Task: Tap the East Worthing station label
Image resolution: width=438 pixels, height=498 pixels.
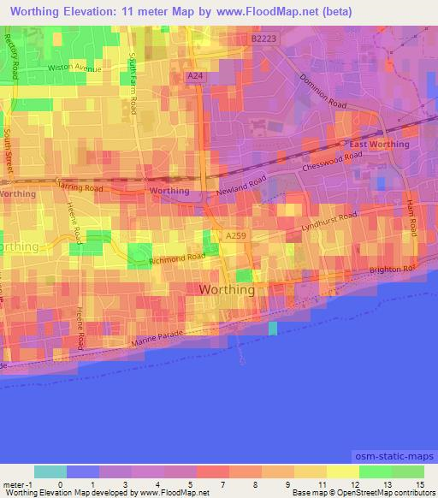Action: tap(379, 144)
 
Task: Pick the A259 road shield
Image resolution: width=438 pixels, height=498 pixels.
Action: tap(237, 234)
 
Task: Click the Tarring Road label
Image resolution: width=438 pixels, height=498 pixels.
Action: tap(80, 186)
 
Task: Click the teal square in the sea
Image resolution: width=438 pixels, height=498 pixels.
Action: tap(273, 329)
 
